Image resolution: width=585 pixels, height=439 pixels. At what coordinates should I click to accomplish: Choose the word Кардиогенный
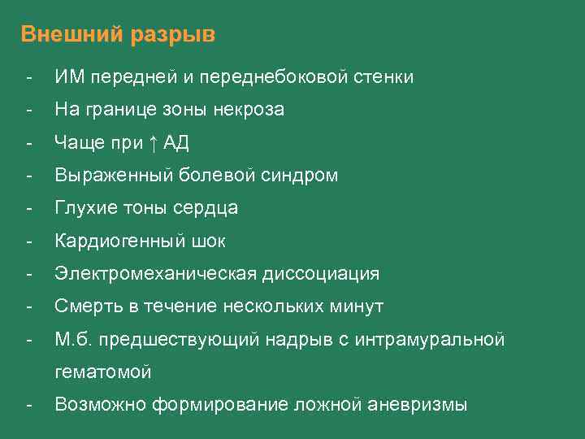tap(116, 241)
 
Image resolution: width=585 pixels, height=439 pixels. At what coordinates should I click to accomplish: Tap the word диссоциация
tap(320, 274)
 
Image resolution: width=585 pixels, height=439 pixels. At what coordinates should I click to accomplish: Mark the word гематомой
tap(103, 372)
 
